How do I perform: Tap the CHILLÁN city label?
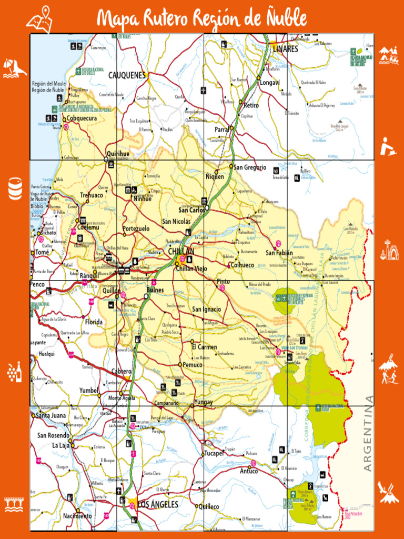tap(181, 252)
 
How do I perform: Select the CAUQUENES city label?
tap(127, 75)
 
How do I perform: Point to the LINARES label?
tap(286, 49)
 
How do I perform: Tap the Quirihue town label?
tap(118, 154)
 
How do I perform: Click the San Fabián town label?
tap(279, 253)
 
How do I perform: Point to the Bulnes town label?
tap(155, 290)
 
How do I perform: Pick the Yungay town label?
tap(204, 402)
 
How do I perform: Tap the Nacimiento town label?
tap(77, 516)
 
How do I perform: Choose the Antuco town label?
tap(249, 471)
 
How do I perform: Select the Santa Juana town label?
tap(51, 415)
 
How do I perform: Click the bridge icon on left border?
tap(15, 504)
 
